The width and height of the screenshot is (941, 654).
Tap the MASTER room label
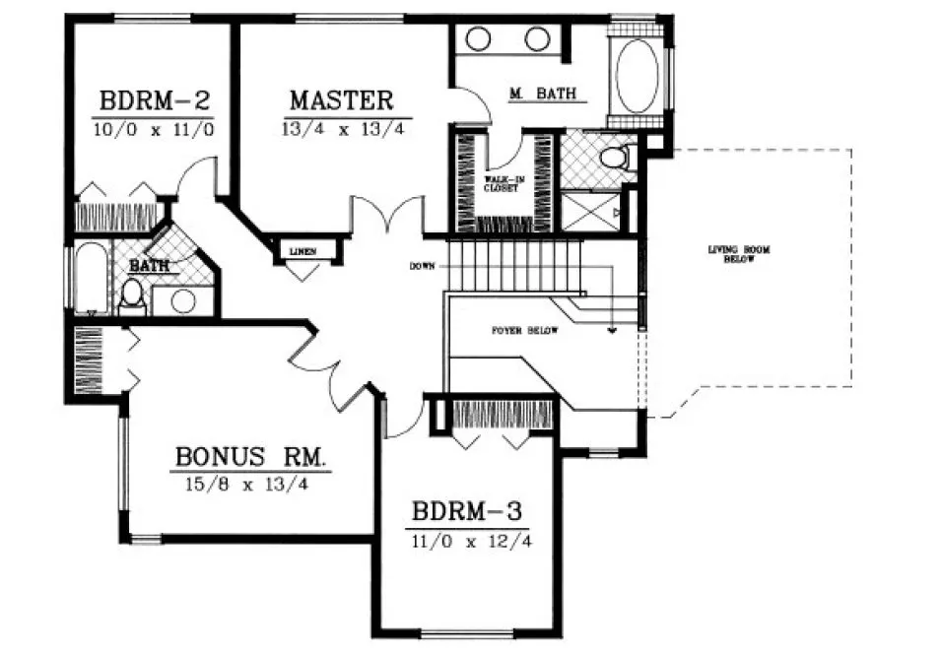(342, 100)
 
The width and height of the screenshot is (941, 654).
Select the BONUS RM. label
(251, 458)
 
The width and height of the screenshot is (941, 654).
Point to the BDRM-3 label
(466, 513)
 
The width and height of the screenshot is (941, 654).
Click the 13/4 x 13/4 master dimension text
(342, 128)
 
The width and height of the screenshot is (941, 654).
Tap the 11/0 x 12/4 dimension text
(466, 540)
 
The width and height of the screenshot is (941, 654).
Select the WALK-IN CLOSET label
(501, 184)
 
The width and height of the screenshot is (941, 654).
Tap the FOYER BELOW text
(525, 331)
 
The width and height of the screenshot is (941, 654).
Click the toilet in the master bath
(613, 159)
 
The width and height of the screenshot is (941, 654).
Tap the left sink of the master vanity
(478, 39)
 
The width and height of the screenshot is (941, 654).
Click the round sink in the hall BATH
(184, 301)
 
